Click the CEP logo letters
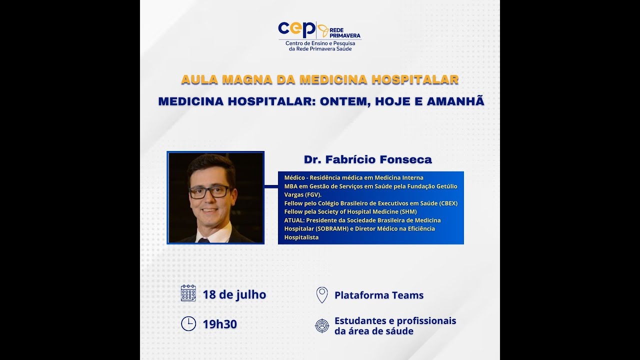[x=296, y=29]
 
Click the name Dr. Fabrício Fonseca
[x=367, y=159]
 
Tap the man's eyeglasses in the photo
[x=210, y=191]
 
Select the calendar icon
[x=188, y=293]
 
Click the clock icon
[x=188, y=324]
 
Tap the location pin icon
[x=322, y=294]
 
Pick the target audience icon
[x=322, y=326]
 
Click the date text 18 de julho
[x=234, y=294]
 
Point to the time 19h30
[x=220, y=324]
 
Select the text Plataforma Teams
[x=379, y=295]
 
